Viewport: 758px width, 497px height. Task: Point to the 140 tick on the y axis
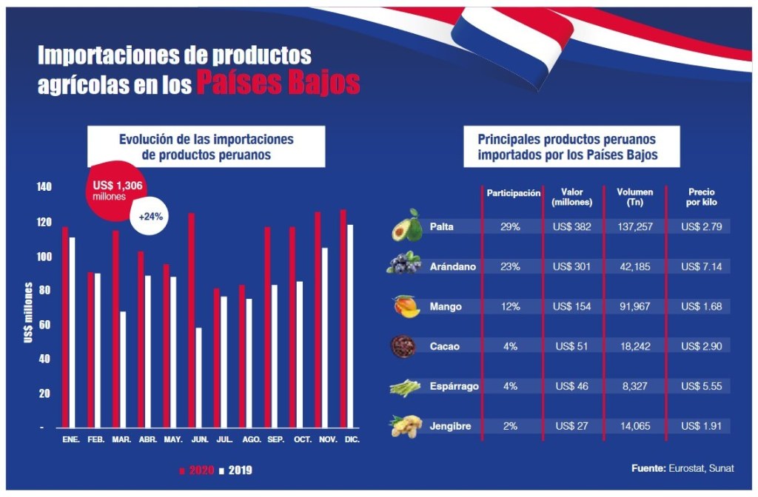coord(45,187)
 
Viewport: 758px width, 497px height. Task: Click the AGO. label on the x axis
coord(252,440)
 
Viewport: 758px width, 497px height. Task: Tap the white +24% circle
coord(151,217)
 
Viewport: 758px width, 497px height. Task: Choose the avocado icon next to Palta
coord(406,226)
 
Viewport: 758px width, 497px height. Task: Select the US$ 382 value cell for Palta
coord(571,226)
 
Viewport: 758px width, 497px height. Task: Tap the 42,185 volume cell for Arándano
coord(634,266)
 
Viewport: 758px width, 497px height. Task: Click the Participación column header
coord(513,193)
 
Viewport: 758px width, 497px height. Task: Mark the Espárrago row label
coord(455,386)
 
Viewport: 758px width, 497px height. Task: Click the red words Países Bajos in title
coord(278,83)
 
